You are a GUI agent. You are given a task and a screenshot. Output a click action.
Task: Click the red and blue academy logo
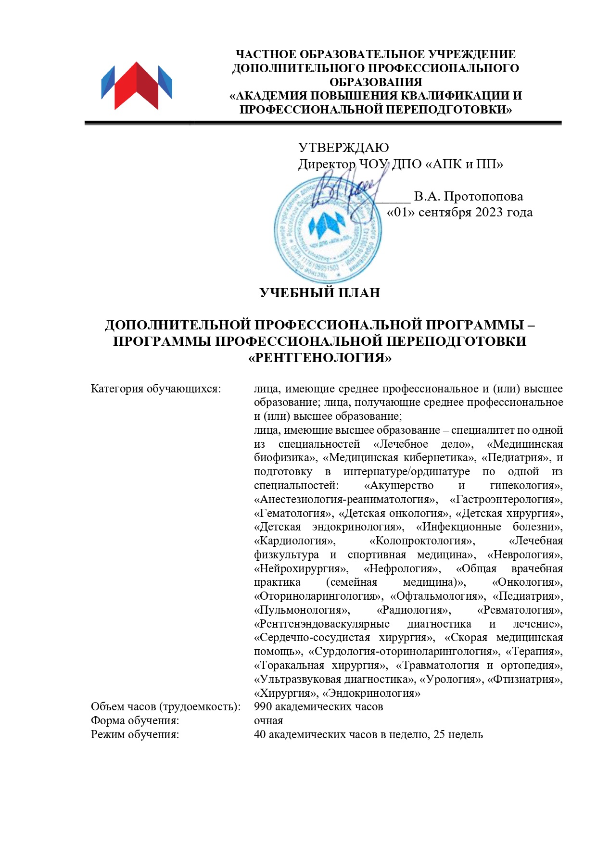137,86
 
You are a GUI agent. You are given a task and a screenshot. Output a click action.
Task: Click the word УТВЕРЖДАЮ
343,148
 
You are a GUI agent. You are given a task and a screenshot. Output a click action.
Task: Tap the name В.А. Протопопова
468,197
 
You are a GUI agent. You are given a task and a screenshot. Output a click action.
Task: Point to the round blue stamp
328,230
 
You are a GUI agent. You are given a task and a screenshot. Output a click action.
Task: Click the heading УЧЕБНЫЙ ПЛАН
319,293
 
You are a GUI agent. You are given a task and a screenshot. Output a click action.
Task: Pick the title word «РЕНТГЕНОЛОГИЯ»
320,358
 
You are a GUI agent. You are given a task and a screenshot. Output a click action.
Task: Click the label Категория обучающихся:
155,389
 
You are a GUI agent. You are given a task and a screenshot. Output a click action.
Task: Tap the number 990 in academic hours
263,707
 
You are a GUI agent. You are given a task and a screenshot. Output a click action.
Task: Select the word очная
268,721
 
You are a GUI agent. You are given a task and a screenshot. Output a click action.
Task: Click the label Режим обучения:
135,735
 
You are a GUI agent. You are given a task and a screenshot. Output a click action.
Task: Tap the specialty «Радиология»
413,610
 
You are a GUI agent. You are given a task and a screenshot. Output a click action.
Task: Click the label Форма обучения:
135,721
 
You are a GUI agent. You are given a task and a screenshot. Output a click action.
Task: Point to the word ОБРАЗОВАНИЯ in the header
376,82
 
